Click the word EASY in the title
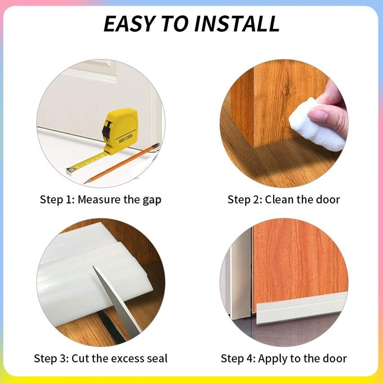tap(129, 23)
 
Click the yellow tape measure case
tap(120, 131)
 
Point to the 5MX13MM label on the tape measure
tap(126, 139)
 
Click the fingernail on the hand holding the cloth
tap(317, 115)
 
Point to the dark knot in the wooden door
tap(286, 91)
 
